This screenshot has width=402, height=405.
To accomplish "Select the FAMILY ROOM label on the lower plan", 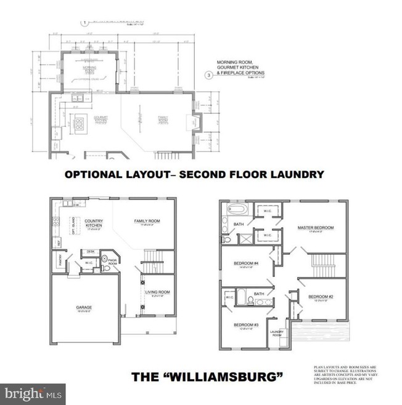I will pos(147,221).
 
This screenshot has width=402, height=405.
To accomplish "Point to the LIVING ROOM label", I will pos(157,292).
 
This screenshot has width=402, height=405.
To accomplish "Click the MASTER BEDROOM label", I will pos(315,228).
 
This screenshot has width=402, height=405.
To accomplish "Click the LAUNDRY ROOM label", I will pos(276,333).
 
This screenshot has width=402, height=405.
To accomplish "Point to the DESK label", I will pos(90,251).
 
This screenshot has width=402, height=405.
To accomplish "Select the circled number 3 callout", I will pos(210,76).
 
